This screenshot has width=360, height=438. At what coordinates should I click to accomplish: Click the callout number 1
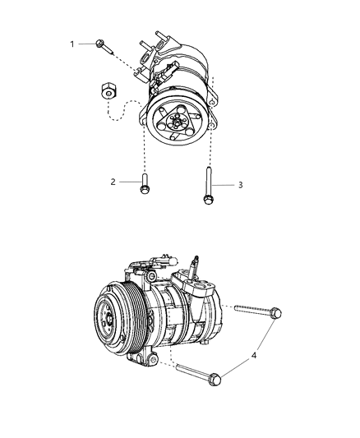pyautogui.click(x=72, y=44)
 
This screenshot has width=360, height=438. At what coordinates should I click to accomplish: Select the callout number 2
pyautogui.click(x=113, y=182)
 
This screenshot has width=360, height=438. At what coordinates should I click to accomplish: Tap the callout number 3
pyautogui.click(x=240, y=185)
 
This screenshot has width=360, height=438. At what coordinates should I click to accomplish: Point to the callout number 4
pyautogui.click(x=254, y=356)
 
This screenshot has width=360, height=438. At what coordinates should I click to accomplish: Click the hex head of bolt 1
pyautogui.click(x=99, y=44)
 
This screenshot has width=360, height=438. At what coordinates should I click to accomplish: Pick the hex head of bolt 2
pyautogui.click(x=144, y=190)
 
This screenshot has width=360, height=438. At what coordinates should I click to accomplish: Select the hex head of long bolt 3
pyautogui.click(x=208, y=200)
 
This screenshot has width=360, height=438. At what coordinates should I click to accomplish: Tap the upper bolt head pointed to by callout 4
pyautogui.click(x=276, y=312)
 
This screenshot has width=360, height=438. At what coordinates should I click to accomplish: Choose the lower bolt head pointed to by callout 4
pyautogui.click(x=215, y=379)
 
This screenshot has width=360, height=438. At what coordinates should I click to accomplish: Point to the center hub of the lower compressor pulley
pyautogui.click(x=109, y=319)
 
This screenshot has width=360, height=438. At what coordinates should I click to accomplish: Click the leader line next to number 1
pyautogui.click(x=87, y=44)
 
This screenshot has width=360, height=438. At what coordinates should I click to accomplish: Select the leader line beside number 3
pyautogui.click(x=223, y=185)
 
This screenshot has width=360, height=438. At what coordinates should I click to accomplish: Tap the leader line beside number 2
pyautogui.click(x=130, y=182)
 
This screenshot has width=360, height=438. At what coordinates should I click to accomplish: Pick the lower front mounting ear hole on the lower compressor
pyautogui.click(x=153, y=360)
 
